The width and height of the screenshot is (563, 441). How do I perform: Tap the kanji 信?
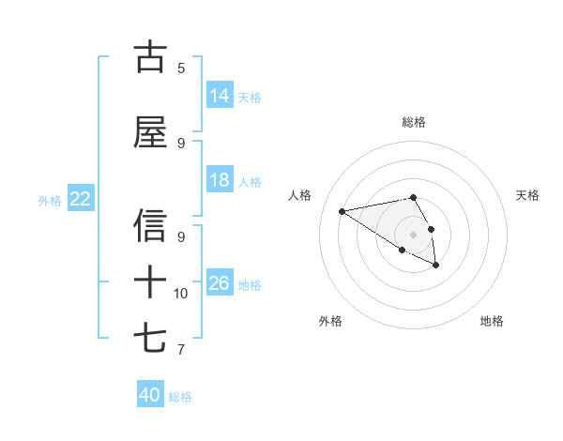coord(150,226)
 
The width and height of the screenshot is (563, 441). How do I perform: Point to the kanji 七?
coord(150,337)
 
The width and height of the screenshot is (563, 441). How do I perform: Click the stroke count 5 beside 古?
coord(181,68)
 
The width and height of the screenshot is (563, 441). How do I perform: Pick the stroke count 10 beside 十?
coord(181,294)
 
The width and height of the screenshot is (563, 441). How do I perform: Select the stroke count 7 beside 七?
coord(181,350)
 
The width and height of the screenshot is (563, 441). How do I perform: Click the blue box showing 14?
coord(220,95)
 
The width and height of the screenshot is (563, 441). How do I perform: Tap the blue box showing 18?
coord(220,180)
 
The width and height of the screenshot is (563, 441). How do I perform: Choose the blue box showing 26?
coord(220,283)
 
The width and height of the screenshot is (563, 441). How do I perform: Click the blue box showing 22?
coord(81,199)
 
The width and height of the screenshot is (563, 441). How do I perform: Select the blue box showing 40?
coord(150,395)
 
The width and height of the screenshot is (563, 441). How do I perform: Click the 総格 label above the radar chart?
coord(414,122)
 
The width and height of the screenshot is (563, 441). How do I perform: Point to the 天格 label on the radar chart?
coord(527,195)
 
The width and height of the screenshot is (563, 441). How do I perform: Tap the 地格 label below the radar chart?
coord(492,321)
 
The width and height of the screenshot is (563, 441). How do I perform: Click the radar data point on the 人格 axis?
coord(342,210)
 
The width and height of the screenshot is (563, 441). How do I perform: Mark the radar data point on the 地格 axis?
coord(436,266)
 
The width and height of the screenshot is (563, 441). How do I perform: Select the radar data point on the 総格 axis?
coord(414,197)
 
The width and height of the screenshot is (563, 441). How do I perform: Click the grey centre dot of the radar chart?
coord(414,234)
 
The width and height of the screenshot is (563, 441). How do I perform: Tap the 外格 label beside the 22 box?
coord(50,200)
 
